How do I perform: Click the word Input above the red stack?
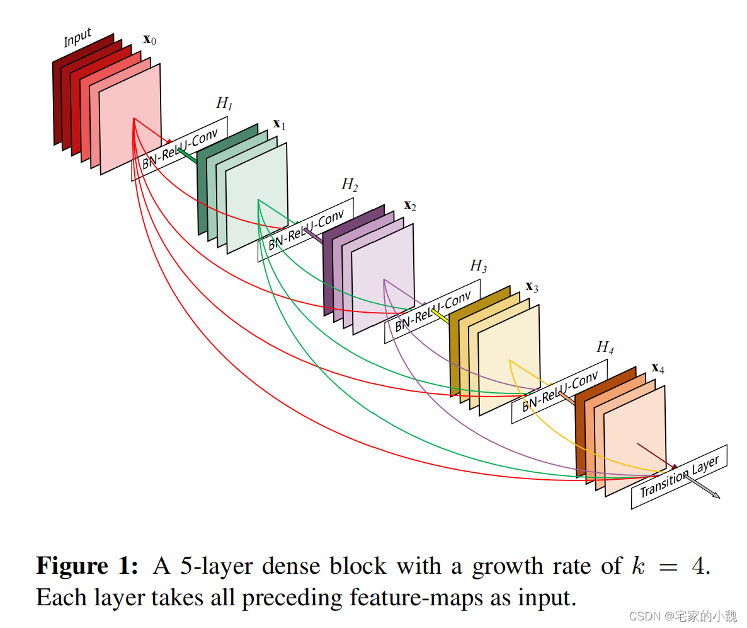[x=77, y=37]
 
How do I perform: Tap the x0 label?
[x=150, y=40]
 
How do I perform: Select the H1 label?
[x=224, y=103]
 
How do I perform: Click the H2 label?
[x=350, y=185]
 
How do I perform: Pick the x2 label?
[x=409, y=206]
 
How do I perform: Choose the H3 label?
[x=479, y=266]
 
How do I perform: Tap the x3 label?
[x=532, y=288]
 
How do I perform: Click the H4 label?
[x=605, y=347]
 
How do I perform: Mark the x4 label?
[x=658, y=368]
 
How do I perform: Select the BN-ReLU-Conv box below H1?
[x=180, y=149]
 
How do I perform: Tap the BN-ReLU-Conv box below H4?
[x=559, y=392]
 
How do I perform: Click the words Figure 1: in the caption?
[x=86, y=566]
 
